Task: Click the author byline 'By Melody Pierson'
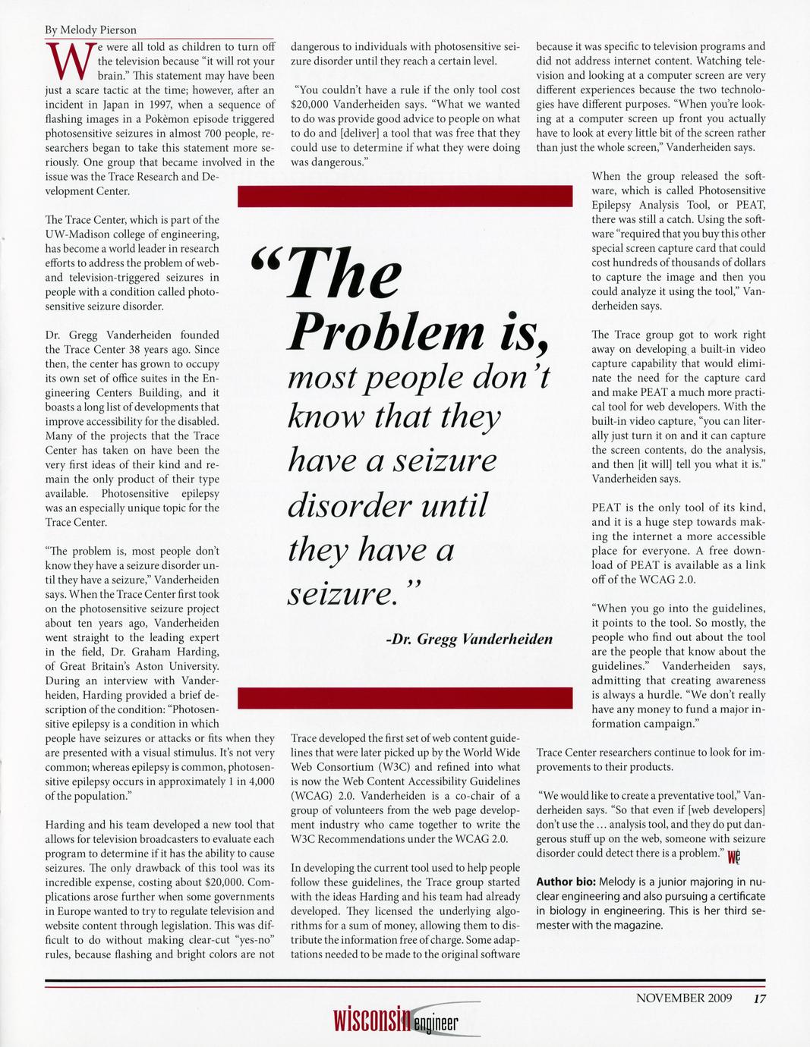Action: (90, 30)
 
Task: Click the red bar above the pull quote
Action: (405, 197)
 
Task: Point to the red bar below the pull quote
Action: (405, 698)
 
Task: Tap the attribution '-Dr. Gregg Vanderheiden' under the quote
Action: (469, 639)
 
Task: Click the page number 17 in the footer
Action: (759, 998)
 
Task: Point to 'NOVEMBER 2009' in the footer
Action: (683, 998)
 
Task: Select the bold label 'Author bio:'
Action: (566, 882)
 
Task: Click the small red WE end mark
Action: (733, 858)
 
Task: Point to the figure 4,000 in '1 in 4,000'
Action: (259, 781)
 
